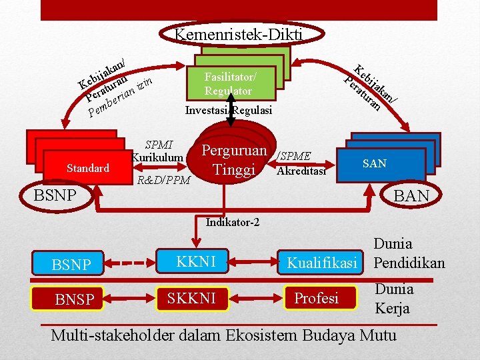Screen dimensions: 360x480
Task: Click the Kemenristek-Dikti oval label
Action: click(238, 35)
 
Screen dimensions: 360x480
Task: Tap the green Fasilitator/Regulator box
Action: click(230, 83)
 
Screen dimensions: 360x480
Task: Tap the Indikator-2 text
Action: click(232, 223)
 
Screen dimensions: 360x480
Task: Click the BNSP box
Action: click(75, 299)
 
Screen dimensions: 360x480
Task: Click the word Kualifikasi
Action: click(327, 263)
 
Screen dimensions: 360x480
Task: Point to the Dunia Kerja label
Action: click(393, 299)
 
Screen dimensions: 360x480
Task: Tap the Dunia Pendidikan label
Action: click(408, 253)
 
